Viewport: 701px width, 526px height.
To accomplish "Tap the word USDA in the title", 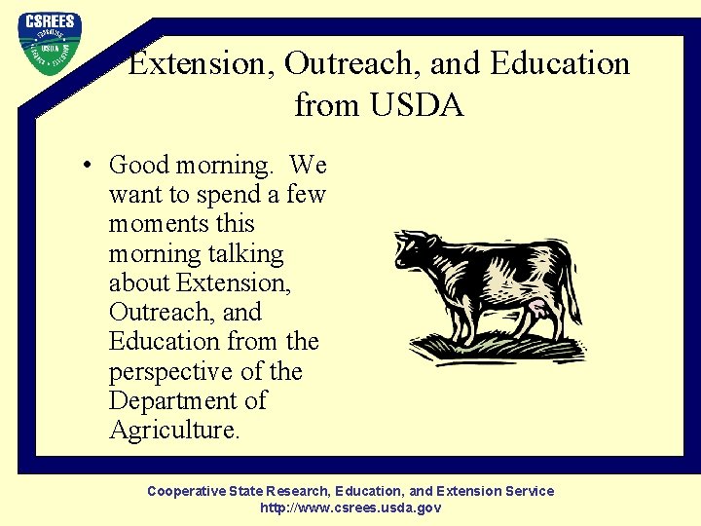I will (x=416, y=104).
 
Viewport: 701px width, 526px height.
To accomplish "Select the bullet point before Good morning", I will (x=88, y=166).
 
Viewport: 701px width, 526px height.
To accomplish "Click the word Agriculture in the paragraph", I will (x=173, y=431).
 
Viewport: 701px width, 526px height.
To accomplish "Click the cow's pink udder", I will (x=536, y=313).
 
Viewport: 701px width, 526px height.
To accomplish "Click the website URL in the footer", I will (x=350, y=507).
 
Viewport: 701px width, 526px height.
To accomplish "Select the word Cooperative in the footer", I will (x=186, y=491).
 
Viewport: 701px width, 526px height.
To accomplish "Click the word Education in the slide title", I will (x=561, y=64).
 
